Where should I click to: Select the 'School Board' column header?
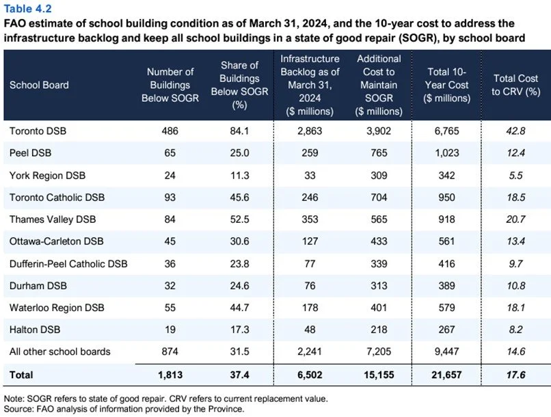click(39, 85)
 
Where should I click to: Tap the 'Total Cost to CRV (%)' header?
click(515, 85)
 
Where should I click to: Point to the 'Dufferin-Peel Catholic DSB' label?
click(68, 263)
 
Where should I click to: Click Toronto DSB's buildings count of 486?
click(167, 130)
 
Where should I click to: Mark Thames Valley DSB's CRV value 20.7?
click(515, 219)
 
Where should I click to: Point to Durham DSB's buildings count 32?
click(167, 286)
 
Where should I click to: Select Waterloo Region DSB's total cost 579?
click(447, 308)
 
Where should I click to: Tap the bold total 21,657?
click(447, 375)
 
